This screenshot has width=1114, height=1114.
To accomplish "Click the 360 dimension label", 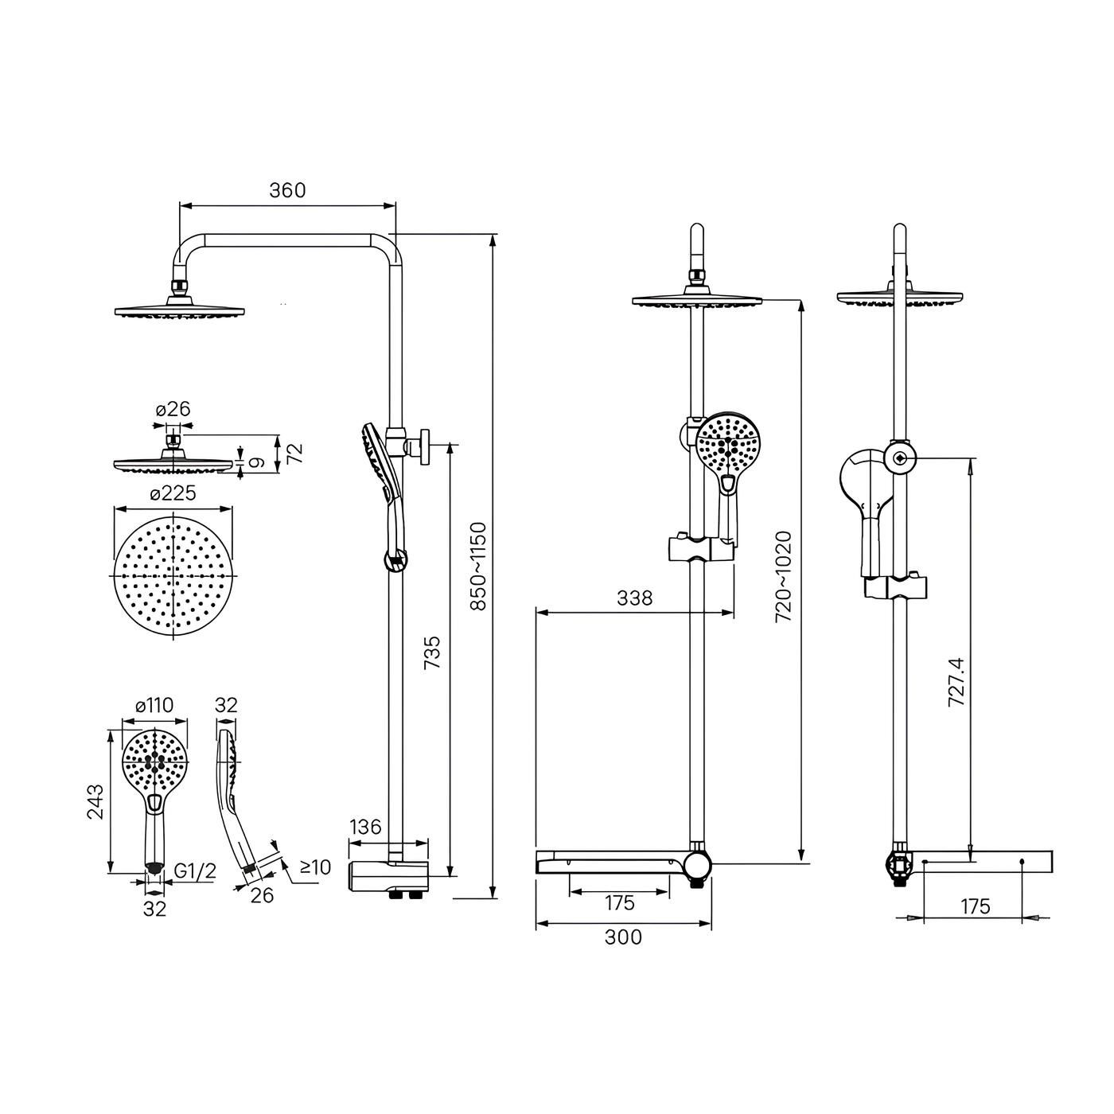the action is coord(287,190).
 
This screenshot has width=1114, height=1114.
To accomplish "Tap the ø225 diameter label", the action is coord(173,493).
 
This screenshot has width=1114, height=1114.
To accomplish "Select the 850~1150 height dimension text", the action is coord(479,567).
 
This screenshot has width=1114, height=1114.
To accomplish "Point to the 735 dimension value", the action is coord(431,652).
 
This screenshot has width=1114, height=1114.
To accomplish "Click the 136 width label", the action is coord(365,827).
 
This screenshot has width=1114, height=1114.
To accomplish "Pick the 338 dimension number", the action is coord(634,598).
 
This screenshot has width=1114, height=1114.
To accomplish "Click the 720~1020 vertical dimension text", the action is coord(784,577).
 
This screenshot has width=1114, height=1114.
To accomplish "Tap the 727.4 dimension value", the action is coord(956,682).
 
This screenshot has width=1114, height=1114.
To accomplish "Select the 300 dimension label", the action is coord(623,937).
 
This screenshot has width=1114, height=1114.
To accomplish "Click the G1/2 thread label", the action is coord(195,871).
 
